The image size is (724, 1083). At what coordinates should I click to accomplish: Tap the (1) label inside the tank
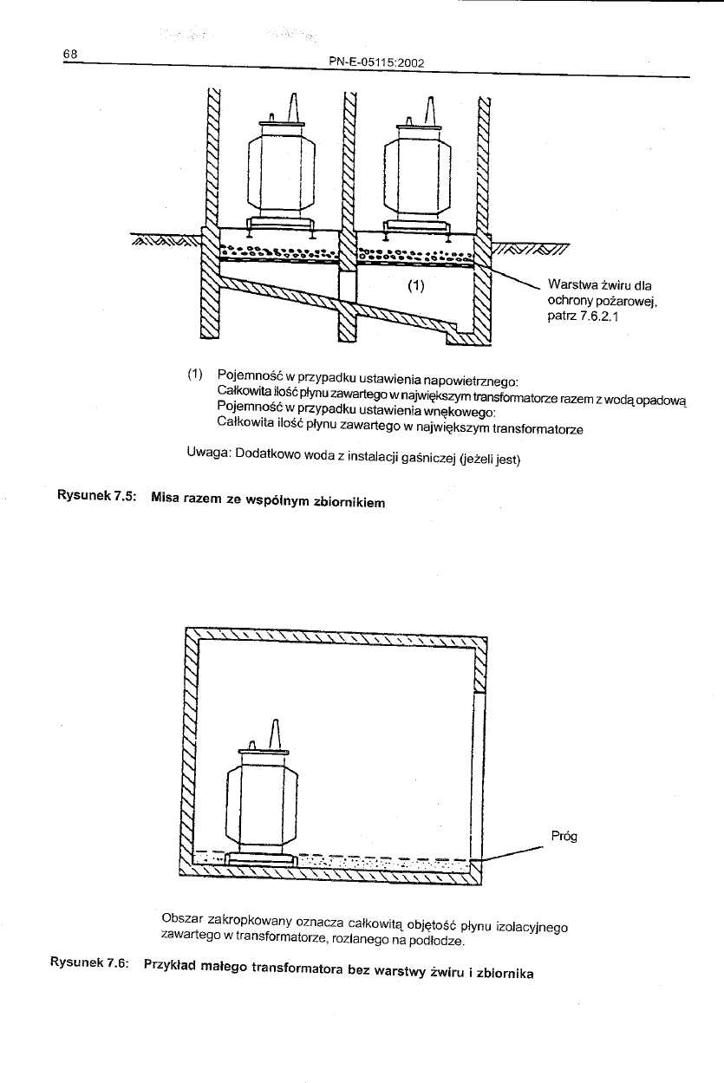(414, 286)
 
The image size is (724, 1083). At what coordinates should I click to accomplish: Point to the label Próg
(564, 836)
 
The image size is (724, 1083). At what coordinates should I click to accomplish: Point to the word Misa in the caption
(166, 498)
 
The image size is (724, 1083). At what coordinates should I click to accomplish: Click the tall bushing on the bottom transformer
(275, 734)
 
